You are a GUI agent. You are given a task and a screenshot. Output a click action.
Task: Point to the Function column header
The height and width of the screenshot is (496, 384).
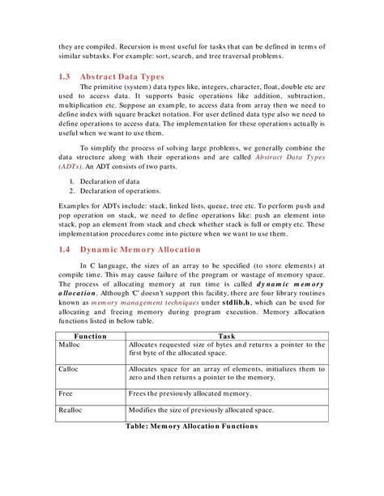(x=91, y=335)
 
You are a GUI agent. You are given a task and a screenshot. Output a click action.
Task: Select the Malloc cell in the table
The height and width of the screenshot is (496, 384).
(x=70, y=345)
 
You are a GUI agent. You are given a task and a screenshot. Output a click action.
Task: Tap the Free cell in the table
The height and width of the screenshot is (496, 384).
(x=67, y=393)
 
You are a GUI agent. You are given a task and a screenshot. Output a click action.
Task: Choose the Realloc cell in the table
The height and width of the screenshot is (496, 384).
(x=70, y=411)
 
